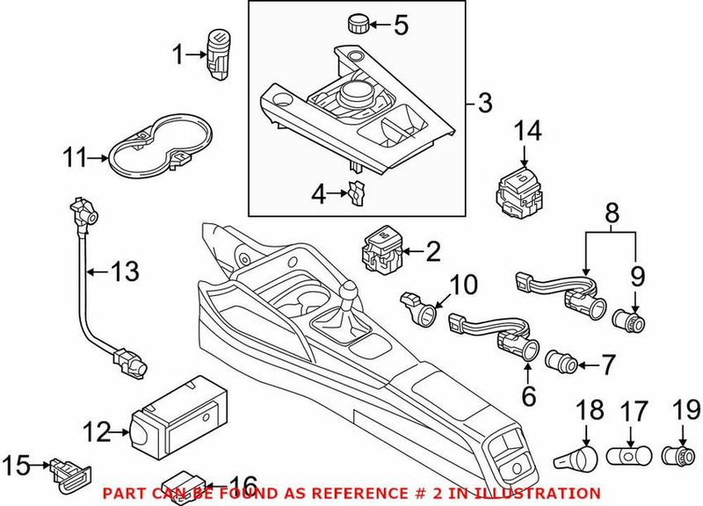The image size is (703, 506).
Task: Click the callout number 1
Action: tap(178, 55)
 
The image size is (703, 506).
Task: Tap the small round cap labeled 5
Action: tap(357, 21)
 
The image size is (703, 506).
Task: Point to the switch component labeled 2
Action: tap(383, 251)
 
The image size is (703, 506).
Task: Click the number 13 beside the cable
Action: tap(124, 271)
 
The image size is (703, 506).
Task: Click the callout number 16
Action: tap(242, 485)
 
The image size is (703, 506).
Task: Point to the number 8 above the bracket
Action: tap(612, 211)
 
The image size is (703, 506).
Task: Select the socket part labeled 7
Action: tap(560, 360)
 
